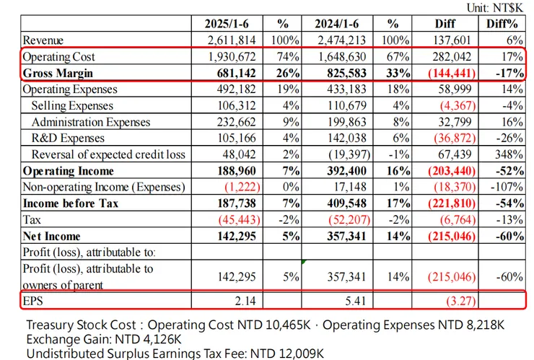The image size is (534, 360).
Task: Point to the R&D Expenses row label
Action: tap(69, 138)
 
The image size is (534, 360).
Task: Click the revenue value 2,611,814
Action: tap(237, 40)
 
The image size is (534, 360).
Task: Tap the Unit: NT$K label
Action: tap(498, 7)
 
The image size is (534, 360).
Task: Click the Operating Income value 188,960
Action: tap(240, 171)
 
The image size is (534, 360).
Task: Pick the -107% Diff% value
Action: tap(506, 187)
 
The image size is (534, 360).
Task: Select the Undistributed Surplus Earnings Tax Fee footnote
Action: tap(173, 353)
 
